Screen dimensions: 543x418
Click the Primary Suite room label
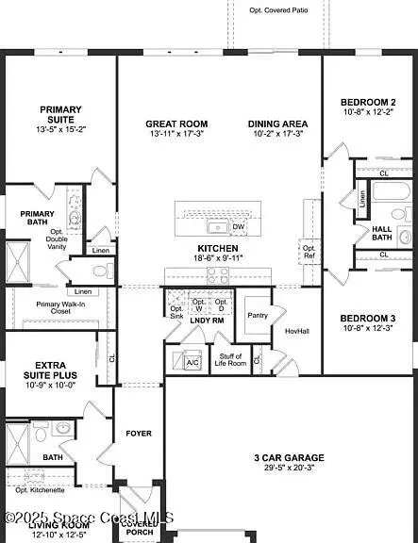tap(60, 114)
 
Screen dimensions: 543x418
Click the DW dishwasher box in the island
tap(238, 227)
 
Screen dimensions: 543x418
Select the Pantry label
tap(257, 316)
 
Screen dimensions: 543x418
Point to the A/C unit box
tap(192, 361)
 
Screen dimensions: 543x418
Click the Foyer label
tap(139, 434)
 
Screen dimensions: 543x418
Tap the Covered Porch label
tap(139, 528)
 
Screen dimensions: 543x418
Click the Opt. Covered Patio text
tap(279, 8)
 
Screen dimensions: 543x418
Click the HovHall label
tap(297, 331)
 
